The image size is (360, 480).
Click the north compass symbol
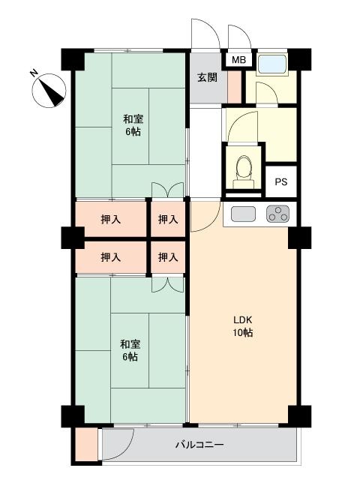tap(49, 91)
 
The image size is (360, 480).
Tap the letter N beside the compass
tap(34, 73)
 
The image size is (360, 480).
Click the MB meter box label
tap(238, 60)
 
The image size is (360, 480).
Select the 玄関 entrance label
tap(207, 77)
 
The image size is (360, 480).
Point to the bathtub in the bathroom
tap(271, 64)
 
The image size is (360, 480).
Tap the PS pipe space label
tap(281, 181)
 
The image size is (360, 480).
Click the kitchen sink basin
tap(243, 214)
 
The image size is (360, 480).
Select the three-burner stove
tap(278, 214)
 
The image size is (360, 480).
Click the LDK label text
tap(242, 320)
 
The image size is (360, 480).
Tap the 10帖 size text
tap(243, 332)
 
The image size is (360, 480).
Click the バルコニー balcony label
tap(199, 445)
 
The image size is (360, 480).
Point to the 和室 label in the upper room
tap(133, 119)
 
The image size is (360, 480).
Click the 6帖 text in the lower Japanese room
tap(130, 357)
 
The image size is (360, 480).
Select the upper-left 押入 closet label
tap(111, 219)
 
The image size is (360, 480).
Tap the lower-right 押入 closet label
tap(168, 257)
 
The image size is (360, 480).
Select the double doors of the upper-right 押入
tap(168, 190)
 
